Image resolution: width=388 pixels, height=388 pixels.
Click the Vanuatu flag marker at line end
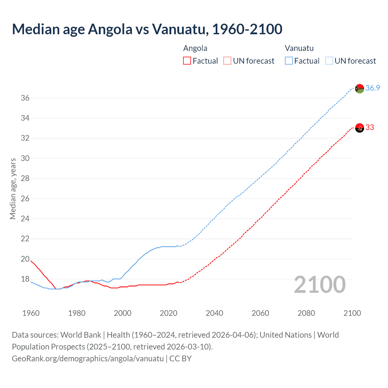360,89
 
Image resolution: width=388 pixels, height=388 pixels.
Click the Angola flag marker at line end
360,128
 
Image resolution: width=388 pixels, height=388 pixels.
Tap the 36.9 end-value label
373,88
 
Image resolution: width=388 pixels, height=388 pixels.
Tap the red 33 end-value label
370,127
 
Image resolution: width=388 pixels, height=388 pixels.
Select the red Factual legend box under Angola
187,61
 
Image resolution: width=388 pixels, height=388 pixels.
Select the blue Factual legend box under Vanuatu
289,61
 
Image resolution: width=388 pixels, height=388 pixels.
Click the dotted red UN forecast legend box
227,61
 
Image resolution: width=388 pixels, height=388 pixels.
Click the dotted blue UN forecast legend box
329,61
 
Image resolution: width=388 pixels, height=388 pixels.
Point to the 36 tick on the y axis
25,98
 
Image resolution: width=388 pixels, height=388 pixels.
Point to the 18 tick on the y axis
25,279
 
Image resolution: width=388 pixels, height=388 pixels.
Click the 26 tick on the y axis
25,199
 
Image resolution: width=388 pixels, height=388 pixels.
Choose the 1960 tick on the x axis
31,313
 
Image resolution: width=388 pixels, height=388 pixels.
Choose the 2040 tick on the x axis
214,313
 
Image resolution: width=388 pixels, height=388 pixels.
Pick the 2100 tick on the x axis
352,313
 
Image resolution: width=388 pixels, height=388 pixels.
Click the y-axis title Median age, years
13,189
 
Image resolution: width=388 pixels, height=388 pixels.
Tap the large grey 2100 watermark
319,285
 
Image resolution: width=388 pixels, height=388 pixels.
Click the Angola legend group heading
195,48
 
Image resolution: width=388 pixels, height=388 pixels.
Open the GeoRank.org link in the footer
88,358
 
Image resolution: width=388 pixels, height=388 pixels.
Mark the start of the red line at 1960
31,261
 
